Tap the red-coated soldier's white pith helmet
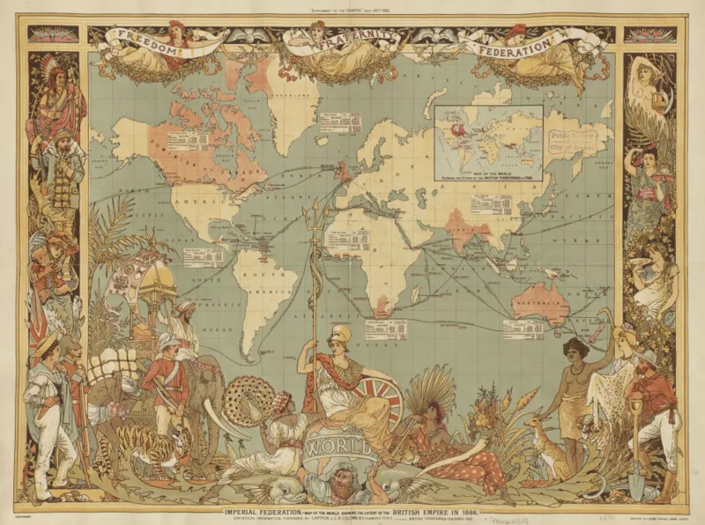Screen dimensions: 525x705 tap(168, 341)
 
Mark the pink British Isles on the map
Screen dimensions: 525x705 tap(339, 167)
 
